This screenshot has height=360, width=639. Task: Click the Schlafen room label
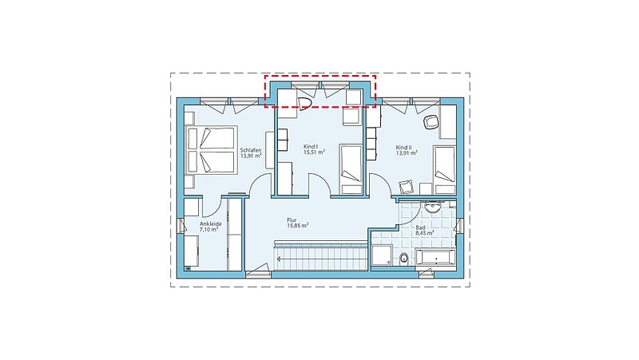(x=251, y=150)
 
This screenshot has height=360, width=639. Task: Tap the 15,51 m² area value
(x=314, y=152)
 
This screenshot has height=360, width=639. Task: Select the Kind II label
(x=404, y=148)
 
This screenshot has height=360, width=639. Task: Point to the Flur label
(x=292, y=220)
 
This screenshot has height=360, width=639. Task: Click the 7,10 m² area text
(x=208, y=230)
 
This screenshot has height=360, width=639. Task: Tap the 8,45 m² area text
(x=425, y=233)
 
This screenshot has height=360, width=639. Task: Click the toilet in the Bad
(x=404, y=258)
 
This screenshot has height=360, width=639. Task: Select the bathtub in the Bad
(x=435, y=258)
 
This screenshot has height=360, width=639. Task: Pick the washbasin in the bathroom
(x=431, y=208)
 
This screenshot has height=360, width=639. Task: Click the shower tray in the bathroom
(x=382, y=255)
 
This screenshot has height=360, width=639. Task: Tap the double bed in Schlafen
(x=212, y=150)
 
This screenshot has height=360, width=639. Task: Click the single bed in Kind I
(x=351, y=169)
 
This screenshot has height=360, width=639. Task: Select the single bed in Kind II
(x=445, y=170)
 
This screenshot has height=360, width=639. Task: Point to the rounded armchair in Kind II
(x=431, y=122)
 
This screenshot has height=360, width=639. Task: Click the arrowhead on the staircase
(x=280, y=259)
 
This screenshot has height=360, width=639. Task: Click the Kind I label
(x=311, y=146)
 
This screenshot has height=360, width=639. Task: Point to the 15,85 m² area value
(x=297, y=225)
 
